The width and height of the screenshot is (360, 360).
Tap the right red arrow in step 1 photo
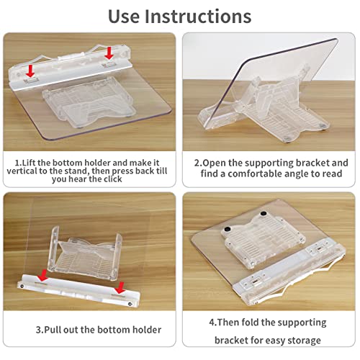pos(109,53)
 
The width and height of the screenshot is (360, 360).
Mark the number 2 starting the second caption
pos(197,163)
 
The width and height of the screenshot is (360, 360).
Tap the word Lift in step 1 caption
pos(33,163)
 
